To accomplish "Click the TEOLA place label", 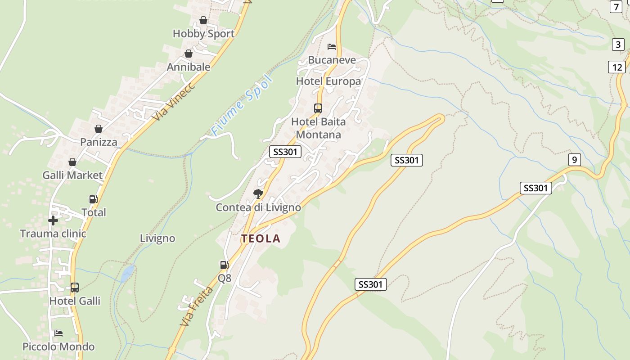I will coord(261,238).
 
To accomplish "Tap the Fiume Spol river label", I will coord(242,106).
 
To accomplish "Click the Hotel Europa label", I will coord(328,81).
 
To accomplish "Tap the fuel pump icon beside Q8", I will coord(224,265).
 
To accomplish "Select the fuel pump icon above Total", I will coord(93,199).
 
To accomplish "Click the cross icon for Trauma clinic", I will coord(53,220).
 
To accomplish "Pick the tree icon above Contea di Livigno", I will coord(258,194).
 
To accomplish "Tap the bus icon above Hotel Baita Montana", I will coord(318,108).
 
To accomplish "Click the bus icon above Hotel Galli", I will coord(75,288).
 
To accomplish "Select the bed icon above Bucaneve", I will coord(332,46).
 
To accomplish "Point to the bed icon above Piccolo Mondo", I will coord(58,333).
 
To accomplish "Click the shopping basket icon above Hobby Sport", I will coord(203,20).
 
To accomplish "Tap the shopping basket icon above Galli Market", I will coord(72,162).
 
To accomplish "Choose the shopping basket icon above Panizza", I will coord(99,129).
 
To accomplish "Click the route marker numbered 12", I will coord(617,67).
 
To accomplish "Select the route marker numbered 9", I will coord(574,160).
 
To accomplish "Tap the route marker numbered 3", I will coord(618,45).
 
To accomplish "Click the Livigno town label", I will coord(157,238).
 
